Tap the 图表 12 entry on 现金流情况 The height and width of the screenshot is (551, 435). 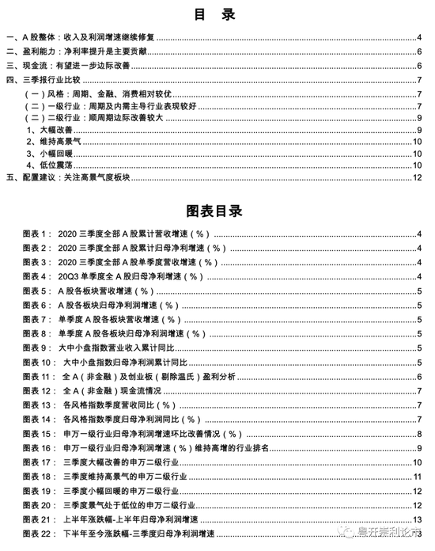coord(119,390)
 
